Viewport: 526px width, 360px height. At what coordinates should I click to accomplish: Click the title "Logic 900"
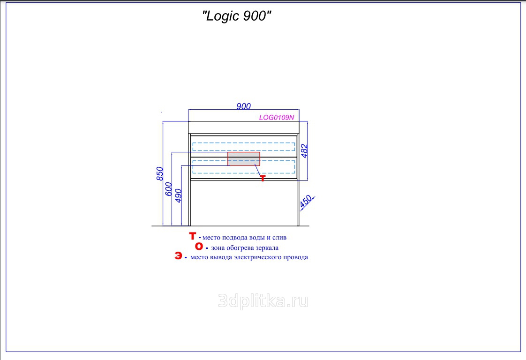point(237,16)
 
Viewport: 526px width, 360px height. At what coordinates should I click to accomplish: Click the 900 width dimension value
point(244,106)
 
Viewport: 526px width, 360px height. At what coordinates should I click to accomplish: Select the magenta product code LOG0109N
point(279,118)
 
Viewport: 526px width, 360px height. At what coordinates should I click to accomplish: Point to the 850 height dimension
point(159,174)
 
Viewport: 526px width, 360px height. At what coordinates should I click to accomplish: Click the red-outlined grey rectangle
point(243,159)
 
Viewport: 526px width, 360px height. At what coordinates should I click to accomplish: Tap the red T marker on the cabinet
point(262,178)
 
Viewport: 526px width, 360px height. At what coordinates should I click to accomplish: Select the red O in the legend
point(199,247)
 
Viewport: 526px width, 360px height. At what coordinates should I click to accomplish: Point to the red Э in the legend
point(179,256)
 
